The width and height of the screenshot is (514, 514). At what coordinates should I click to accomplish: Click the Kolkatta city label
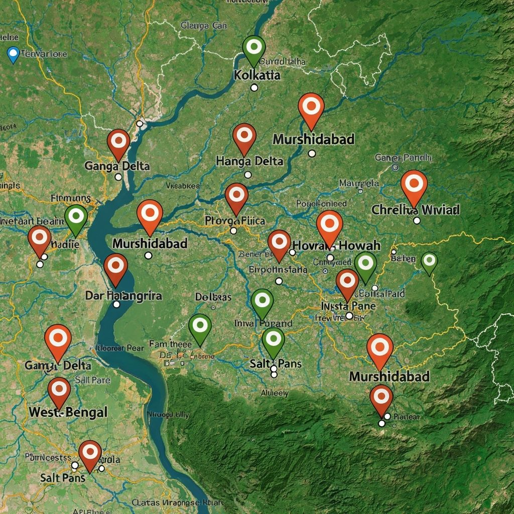pos(257,76)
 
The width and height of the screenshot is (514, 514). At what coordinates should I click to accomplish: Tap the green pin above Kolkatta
pos(254,47)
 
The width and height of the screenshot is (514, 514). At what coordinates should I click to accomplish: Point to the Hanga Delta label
pos(249,161)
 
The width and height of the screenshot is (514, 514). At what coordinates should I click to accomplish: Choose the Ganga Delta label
pos(117,165)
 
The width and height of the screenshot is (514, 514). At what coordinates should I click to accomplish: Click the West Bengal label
pos(68,413)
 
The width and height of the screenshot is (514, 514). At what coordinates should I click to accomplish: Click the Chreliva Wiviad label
pos(415,210)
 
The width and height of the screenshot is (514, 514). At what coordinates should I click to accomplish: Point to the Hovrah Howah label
pos(336,245)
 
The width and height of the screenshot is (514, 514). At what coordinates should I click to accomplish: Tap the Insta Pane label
pos(348,306)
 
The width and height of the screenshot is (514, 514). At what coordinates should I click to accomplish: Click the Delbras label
pos(213,297)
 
